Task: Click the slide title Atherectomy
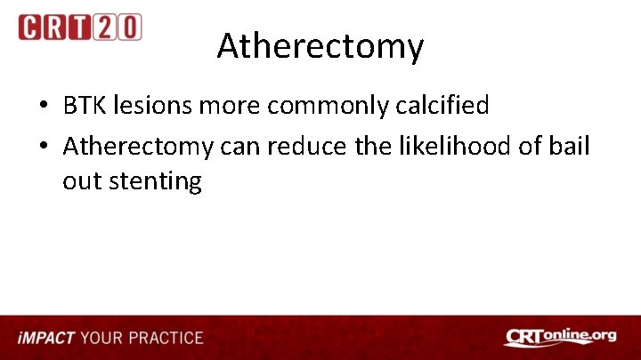point(320,46)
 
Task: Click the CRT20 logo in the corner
point(79,27)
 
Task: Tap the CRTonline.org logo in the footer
point(560,337)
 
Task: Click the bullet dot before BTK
point(43,107)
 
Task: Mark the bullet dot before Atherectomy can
point(43,146)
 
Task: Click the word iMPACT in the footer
point(45,338)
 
